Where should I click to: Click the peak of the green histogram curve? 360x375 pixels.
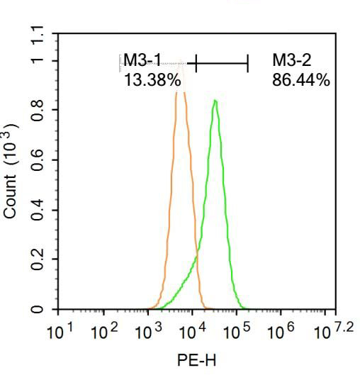(214, 101)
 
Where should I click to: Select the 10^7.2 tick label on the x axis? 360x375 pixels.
(329, 330)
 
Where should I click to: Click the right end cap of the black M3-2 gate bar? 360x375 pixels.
(248, 64)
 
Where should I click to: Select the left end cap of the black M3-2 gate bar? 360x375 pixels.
(196, 64)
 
